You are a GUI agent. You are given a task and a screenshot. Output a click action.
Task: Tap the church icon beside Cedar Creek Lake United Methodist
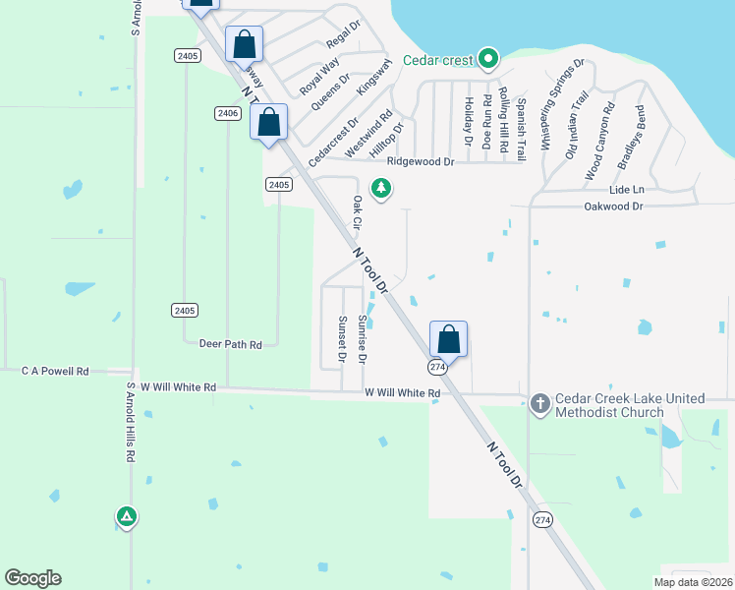point(539,404)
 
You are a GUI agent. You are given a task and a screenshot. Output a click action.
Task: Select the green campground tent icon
point(126,515)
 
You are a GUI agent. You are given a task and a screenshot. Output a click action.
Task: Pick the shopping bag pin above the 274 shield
point(448,338)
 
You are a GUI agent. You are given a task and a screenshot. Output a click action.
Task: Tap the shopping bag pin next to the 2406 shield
point(268,122)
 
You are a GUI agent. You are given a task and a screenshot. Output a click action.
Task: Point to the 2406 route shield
point(228,114)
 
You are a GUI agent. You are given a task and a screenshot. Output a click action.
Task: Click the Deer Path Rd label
point(230,345)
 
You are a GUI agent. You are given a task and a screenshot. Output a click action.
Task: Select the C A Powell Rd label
point(55,372)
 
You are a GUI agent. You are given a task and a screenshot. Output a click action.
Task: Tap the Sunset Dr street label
point(342,338)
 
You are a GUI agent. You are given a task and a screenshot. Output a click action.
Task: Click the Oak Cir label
point(357,213)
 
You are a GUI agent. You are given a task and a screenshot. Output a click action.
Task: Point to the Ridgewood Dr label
point(421,161)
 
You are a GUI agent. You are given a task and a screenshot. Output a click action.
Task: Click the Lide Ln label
point(626,189)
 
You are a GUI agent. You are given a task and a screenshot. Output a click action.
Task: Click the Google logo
point(32,578)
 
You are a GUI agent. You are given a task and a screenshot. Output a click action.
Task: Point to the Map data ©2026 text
point(693,582)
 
